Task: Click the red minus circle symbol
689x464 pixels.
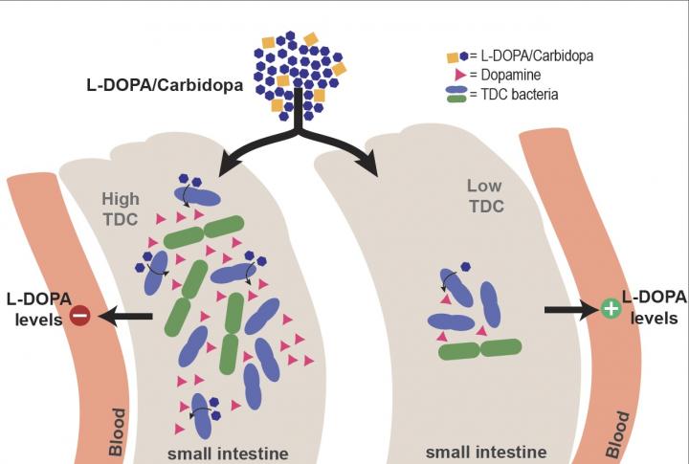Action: tap(80, 315)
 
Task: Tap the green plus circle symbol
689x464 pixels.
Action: tap(609, 309)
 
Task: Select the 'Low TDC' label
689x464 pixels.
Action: tap(485, 195)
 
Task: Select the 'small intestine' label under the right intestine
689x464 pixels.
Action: tap(485, 452)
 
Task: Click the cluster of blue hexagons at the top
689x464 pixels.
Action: tap(298, 73)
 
